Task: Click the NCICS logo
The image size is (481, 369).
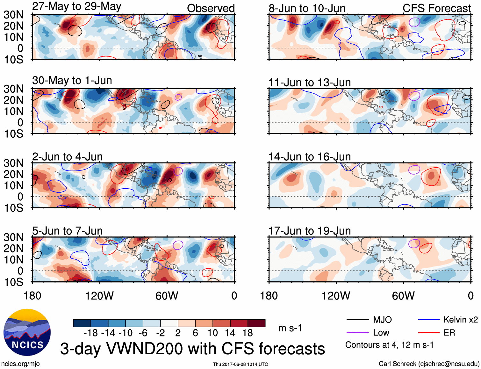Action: (x=27, y=332)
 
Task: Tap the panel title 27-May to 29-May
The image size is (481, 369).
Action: (x=76, y=6)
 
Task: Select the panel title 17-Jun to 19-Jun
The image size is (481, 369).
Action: (x=309, y=231)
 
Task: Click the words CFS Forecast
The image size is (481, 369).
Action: (x=436, y=8)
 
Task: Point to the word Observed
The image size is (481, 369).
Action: (x=211, y=8)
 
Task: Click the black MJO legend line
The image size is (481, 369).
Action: (x=357, y=320)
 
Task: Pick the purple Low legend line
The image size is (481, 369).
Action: (x=357, y=333)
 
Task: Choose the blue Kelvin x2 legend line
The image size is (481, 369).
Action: (x=429, y=320)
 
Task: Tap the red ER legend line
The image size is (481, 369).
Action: (x=429, y=333)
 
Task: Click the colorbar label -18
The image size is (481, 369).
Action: (x=91, y=333)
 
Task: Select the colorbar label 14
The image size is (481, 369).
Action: (x=230, y=333)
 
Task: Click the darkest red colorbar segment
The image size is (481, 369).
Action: (x=256, y=323)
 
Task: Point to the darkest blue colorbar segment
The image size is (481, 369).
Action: (x=82, y=323)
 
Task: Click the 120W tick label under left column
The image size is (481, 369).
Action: (x=99, y=296)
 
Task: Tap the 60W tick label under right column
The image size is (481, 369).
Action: (x=403, y=296)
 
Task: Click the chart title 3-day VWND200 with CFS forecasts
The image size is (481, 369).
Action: (x=192, y=349)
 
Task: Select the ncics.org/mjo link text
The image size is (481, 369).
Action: (x=20, y=364)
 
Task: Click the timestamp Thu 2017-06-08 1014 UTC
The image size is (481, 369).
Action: (x=240, y=364)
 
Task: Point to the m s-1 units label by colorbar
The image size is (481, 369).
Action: (x=290, y=328)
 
